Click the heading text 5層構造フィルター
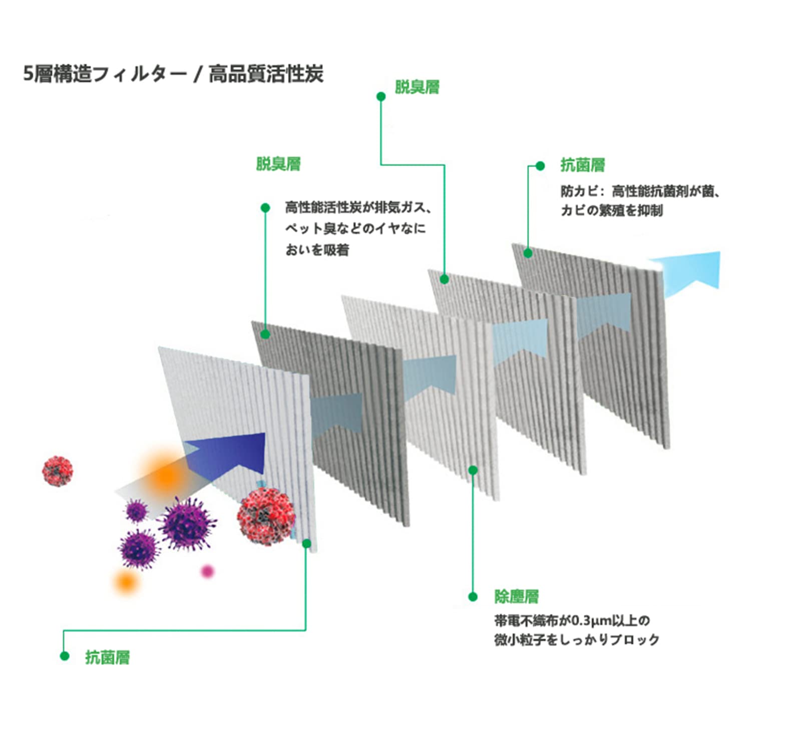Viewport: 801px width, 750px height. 105,74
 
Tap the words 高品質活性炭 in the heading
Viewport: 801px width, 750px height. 265,74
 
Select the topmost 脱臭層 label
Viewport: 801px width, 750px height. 417,87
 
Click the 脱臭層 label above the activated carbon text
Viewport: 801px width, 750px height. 278,164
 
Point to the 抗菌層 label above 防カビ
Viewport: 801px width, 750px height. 583,165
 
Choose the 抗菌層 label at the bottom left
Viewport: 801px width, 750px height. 107,657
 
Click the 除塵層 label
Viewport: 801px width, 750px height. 517,596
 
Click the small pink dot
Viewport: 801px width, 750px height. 207,571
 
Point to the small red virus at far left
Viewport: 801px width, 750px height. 58,471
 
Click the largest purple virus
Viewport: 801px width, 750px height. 187,523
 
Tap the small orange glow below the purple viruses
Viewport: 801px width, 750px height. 126,582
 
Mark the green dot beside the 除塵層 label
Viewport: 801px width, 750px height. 473,596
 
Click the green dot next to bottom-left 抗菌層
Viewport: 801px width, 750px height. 64,656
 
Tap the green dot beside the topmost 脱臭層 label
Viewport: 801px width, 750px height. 381,96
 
